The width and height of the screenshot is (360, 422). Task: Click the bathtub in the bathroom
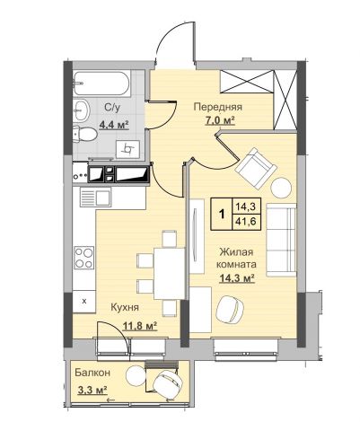pos(101,84)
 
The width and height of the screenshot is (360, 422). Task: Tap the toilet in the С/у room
pos(84,134)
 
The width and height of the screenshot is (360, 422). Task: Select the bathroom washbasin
pos(81,110)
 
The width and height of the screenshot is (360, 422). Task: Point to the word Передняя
pos(218,107)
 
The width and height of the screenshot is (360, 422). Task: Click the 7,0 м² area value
pos(219,121)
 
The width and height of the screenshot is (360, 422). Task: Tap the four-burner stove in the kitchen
pos(84,258)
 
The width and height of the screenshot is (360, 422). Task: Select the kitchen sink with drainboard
pos(95,197)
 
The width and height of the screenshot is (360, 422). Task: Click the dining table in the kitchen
pos(169,273)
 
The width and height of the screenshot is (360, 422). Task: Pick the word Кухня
pos(125,307)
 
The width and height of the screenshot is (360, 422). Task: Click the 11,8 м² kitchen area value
pos(140,326)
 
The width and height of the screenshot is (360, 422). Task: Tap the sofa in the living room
pos(281,240)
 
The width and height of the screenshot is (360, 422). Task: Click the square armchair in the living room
pos(255,169)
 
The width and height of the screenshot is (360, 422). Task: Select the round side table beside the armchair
pos(281,188)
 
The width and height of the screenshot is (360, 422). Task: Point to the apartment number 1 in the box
pos(222,214)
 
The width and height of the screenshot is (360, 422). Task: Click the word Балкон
pos(92,373)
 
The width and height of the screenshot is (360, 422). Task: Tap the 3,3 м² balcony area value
pos(92,391)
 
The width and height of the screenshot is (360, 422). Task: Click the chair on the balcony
pos(167,384)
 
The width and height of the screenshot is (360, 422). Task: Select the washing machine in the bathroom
pos(127,148)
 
